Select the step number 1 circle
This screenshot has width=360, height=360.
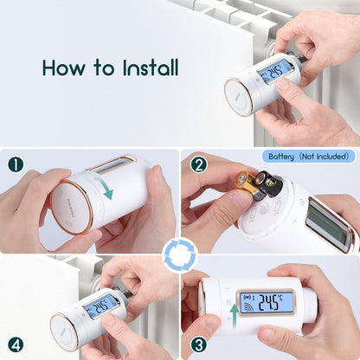pos(16,164)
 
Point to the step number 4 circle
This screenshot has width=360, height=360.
pos(16,344)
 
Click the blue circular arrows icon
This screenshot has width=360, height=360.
pos(179,255)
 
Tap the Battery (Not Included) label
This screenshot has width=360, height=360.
pos(306,157)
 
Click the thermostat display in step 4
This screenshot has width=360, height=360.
pos(101,305)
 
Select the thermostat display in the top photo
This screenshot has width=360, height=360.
pos(276,71)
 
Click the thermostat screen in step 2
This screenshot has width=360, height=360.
pos(330,223)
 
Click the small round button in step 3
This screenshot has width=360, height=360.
pos(228,304)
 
